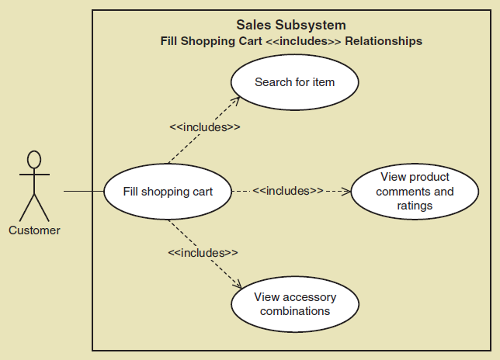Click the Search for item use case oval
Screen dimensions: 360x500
pos(294,82)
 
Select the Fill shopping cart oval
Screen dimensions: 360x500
pos(168,191)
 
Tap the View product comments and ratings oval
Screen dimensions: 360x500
pos(415,191)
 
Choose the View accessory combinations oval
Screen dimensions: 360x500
pos(294,303)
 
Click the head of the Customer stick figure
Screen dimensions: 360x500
pos(34,159)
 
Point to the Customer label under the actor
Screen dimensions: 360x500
pos(34,230)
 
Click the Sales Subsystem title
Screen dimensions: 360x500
pos(290,26)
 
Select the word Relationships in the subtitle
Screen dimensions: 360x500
pos(384,41)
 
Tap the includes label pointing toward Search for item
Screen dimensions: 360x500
pos(204,127)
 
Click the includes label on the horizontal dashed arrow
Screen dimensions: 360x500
pos(288,190)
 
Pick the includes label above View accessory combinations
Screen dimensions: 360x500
pos(203,253)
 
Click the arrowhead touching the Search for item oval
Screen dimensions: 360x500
pos(234,100)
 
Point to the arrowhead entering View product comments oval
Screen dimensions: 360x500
pos(346,190)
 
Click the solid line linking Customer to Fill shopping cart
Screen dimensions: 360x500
pos(83,191)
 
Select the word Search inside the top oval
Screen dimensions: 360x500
pos(272,82)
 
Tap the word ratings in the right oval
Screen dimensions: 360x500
pos(415,206)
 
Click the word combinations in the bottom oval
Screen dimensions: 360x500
pos(295,311)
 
